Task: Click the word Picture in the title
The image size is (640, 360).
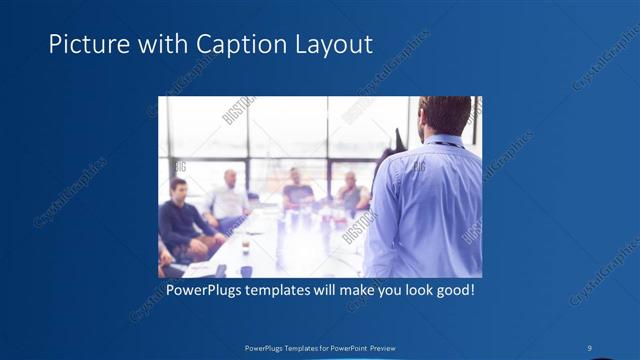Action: click(x=84, y=45)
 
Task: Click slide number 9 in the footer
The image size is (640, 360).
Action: click(x=590, y=348)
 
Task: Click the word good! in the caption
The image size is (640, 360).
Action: click(x=453, y=291)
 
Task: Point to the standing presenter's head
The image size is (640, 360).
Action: click(x=440, y=115)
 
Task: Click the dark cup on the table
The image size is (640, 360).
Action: click(x=244, y=270)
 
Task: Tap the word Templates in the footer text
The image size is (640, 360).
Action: click(x=290, y=348)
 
